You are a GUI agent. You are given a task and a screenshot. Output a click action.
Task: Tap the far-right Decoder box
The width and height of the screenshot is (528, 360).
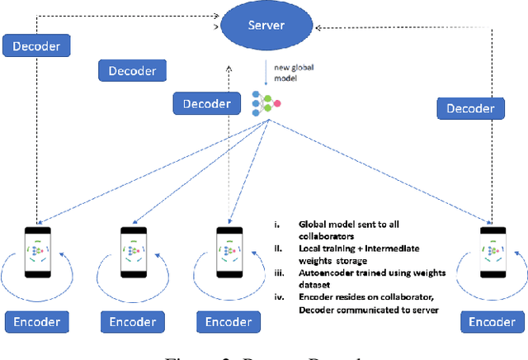pos(471,108)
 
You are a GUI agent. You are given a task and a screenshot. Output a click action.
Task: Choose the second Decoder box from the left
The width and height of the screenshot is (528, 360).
pos(132,71)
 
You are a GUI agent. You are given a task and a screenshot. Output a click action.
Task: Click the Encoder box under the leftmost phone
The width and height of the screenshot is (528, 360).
pos(36,322)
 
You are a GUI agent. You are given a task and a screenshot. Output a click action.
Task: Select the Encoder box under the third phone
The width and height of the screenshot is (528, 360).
pos(229,322)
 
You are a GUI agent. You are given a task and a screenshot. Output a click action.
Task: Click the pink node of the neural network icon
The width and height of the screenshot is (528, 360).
pos(277,103)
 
